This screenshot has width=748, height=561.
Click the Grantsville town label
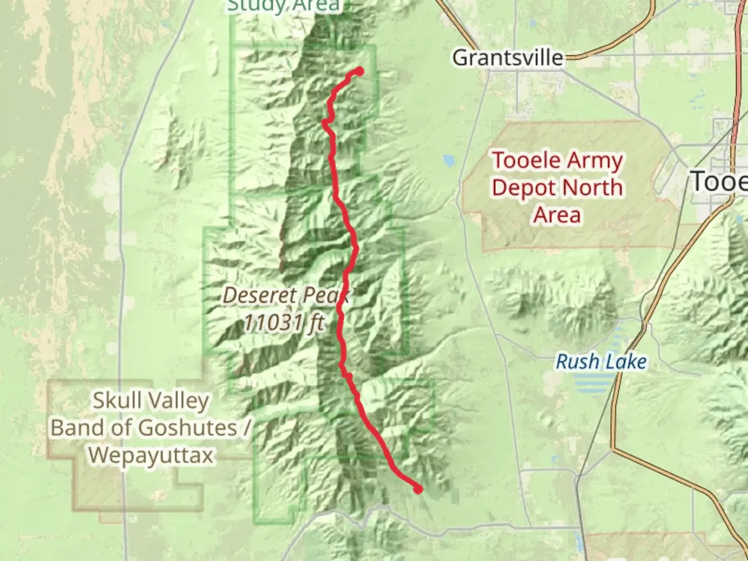tap(507, 58)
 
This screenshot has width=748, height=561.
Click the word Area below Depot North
tap(557, 215)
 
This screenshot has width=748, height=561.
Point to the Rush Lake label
tap(601, 362)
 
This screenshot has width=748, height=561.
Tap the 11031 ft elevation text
tap(284, 323)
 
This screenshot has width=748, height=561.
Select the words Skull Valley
tap(151, 400)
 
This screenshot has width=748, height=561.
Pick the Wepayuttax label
tap(151, 456)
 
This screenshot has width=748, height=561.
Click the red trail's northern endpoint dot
tap(359, 71)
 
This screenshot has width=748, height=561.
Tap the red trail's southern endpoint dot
tap(418, 488)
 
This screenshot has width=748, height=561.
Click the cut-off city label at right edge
tap(720, 182)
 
